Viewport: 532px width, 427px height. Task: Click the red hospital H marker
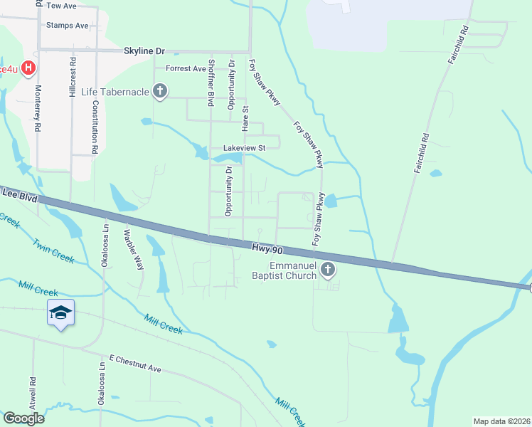(x=28, y=68)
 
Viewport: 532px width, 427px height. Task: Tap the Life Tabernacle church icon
(x=160, y=91)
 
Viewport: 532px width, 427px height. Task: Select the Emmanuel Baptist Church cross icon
(x=328, y=269)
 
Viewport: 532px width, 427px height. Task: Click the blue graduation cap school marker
(x=61, y=312)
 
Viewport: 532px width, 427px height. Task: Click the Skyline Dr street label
(x=144, y=51)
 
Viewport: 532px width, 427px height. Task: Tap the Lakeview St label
(x=244, y=148)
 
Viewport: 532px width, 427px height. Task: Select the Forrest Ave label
(x=186, y=69)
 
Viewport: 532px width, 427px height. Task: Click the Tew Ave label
(x=61, y=6)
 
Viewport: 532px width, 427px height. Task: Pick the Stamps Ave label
(x=67, y=26)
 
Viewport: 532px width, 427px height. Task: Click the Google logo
(x=23, y=418)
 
